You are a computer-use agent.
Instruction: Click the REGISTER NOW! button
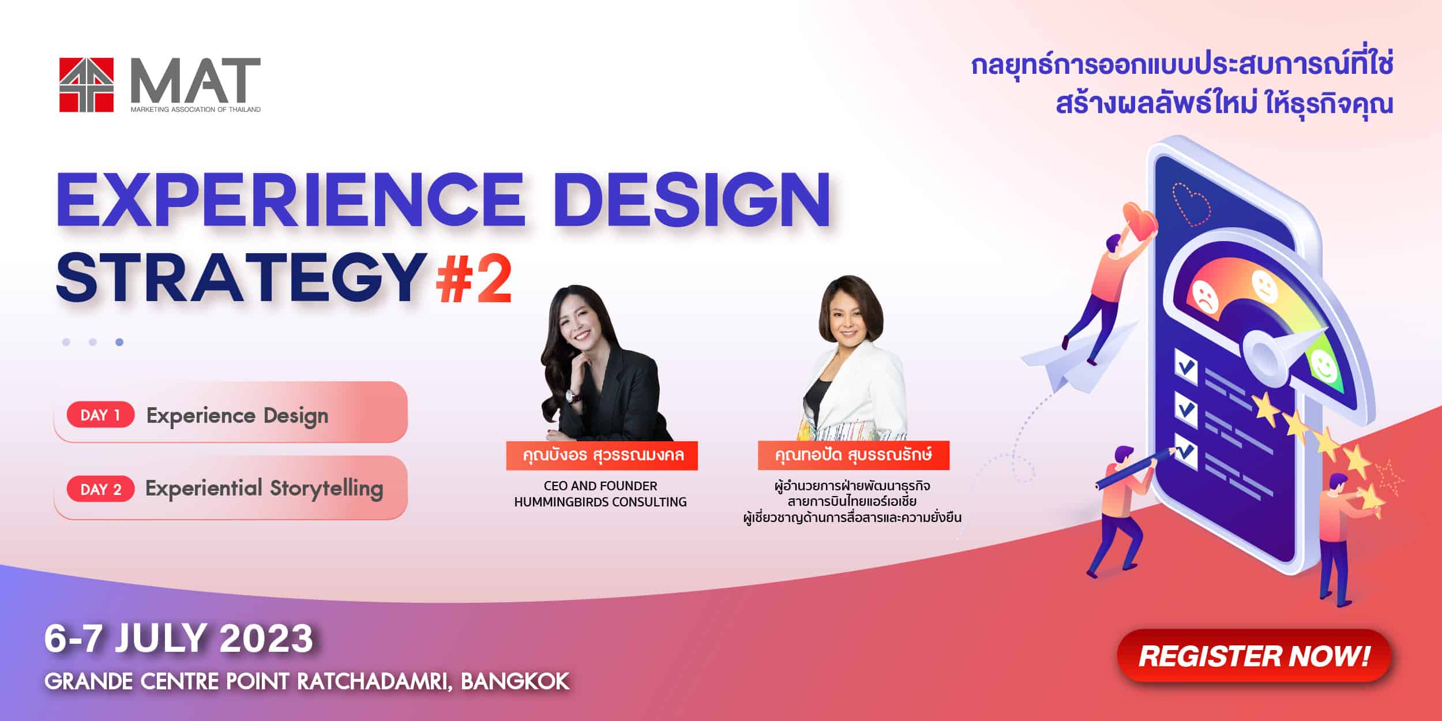pos(1254,656)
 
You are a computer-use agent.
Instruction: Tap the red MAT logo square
pos(87,85)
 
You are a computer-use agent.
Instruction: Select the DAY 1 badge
pos(100,415)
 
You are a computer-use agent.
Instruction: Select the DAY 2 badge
pos(100,489)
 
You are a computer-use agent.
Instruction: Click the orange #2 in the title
pos(474,280)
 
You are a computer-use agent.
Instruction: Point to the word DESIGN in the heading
pos(692,199)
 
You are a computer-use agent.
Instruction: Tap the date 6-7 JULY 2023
pos(179,639)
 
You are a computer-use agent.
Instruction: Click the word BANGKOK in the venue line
pos(515,682)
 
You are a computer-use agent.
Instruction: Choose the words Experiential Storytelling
pos(264,489)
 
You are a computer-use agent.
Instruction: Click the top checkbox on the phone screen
pos(1186,366)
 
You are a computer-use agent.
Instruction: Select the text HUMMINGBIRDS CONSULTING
pos(600,502)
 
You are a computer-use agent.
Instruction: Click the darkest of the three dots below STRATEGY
pos(119,342)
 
